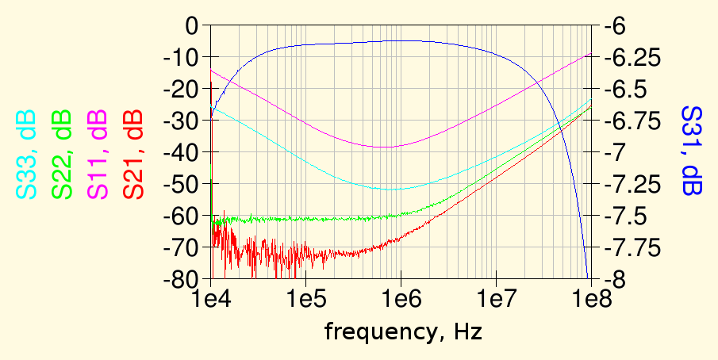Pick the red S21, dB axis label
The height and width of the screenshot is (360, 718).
[x=132, y=154]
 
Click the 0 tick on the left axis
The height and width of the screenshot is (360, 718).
[x=190, y=26]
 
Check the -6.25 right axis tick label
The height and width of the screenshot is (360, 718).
[x=632, y=58]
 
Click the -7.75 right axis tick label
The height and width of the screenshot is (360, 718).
[x=632, y=248]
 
